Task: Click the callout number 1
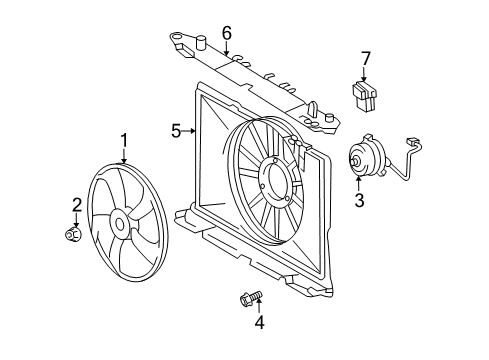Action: pyautogui.click(x=124, y=141)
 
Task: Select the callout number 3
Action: pyautogui.click(x=358, y=200)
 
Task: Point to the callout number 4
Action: pyautogui.click(x=260, y=322)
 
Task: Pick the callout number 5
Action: pyautogui.click(x=176, y=130)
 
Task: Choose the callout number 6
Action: pyautogui.click(x=227, y=33)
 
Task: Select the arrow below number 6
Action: pyautogui.click(x=227, y=48)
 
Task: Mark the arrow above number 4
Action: pyautogui.click(x=258, y=307)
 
